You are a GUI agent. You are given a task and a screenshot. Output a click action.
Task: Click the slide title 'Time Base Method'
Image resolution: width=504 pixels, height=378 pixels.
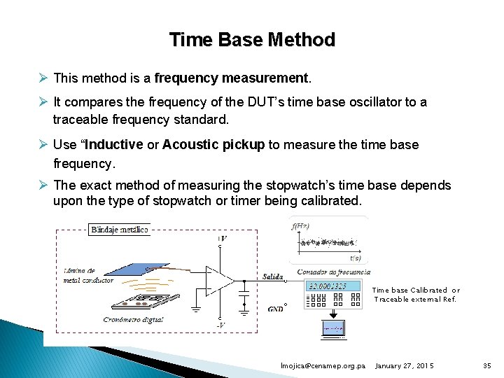point(252,40)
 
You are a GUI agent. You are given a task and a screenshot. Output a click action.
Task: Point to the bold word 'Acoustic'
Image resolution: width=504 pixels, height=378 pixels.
point(189,145)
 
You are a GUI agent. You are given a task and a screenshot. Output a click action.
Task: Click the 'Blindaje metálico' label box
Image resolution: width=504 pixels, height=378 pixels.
point(120,230)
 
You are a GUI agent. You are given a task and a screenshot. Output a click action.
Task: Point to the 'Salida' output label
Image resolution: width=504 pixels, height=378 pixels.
point(272,276)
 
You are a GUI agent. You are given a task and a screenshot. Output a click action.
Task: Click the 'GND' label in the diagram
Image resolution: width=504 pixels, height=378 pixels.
point(275,309)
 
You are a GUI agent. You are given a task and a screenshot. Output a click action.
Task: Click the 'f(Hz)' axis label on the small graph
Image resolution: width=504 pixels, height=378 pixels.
point(302,225)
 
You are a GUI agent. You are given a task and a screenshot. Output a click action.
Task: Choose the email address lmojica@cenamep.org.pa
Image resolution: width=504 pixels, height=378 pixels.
point(323,366)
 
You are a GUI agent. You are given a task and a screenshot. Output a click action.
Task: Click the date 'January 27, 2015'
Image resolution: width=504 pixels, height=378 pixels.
point(405,366)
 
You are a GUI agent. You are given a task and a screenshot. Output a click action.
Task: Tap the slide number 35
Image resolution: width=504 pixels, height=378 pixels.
point(487,366)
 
